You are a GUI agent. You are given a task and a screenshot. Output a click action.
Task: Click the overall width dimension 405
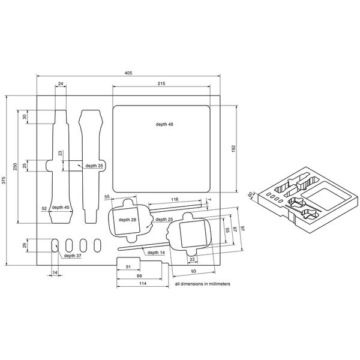[128, 72]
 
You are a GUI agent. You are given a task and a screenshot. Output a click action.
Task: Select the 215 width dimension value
[161, 83]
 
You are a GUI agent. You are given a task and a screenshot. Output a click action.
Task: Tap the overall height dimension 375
[4, 179]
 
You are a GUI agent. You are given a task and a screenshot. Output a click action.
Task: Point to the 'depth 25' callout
[164, 220]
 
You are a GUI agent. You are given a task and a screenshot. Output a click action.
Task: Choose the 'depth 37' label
[73, 256]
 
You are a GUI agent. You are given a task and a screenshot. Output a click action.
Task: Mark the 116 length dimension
[175, 199]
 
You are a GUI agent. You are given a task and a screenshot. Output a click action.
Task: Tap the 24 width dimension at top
[61, 83]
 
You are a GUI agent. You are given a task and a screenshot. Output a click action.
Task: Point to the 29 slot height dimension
[25, 246]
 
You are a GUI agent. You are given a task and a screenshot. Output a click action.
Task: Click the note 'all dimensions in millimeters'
[203, 283]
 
